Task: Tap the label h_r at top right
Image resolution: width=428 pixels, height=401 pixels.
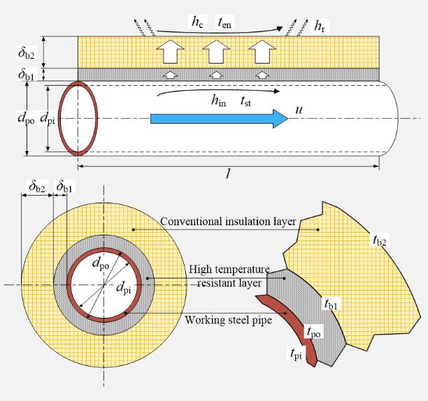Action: coord(320,27)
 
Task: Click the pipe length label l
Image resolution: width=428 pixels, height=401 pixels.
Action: coord(228,175)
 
